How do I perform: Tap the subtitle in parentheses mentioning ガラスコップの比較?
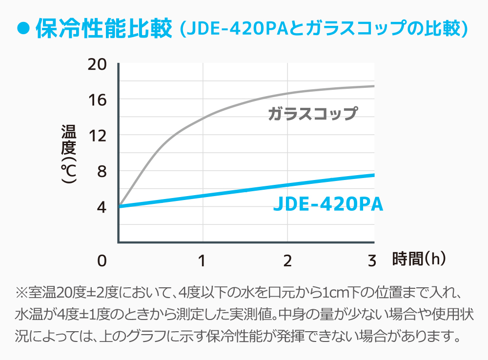pyautogui.click(x=324, y=29)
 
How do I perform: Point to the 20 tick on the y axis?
pyautogui.click(x=97, y=64)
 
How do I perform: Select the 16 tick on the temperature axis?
pyautogui.click(x=97, y=100)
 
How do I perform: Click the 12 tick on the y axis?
pyautogui.click(x=97, y=136)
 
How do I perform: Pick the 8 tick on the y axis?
pyautogui.click(x=101, y=171)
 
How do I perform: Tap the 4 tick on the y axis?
pyautogui.click(x=101, y=207)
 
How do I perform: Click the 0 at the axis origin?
pyautogui.click(x=102, y=260)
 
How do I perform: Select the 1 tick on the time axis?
pyautogui.click(x=202, y=260)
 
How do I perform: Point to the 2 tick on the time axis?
pyautogui.click(x=287, y=260)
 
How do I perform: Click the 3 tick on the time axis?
pyautogui.click(x=372, y=260)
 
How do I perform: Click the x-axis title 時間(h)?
pyautogui.click(x=419, y=259)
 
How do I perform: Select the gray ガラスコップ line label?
pyautogui.click(x=313, y=114)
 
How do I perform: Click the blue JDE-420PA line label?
pyautogui.click(x=328, y=204)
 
